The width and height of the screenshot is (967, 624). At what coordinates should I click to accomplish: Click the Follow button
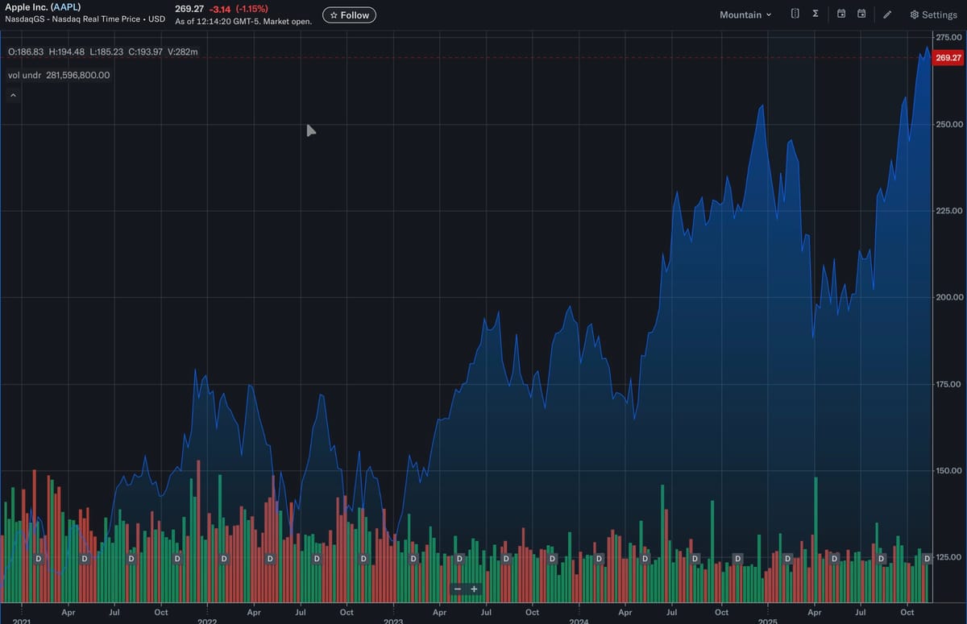point(349,14)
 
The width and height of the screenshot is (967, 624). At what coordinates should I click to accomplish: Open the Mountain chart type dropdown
point(745,14)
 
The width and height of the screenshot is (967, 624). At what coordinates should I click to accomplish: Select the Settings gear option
point(933,14)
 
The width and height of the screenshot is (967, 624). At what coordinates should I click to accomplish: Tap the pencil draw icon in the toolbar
point(887,14)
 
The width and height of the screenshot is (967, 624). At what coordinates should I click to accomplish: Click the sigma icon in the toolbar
point(816,14)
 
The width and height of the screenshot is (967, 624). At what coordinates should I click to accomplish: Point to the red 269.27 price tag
point(948,58)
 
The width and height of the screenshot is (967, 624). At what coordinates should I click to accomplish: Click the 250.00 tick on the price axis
point(948,124)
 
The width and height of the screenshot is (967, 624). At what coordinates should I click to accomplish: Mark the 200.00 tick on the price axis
point(948,297)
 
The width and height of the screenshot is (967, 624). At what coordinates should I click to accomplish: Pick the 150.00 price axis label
point(948,470)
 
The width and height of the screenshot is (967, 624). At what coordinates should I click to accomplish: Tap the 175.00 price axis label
point(948,384)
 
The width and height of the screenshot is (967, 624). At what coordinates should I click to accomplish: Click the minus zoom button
point(458,589)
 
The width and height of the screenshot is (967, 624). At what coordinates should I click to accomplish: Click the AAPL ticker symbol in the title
point(66,6)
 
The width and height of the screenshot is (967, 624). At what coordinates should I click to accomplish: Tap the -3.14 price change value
point(219,8)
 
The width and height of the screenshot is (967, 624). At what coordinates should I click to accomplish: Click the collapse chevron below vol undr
point(13,95)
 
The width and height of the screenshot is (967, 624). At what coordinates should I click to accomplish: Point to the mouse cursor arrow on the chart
point(311,130)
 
